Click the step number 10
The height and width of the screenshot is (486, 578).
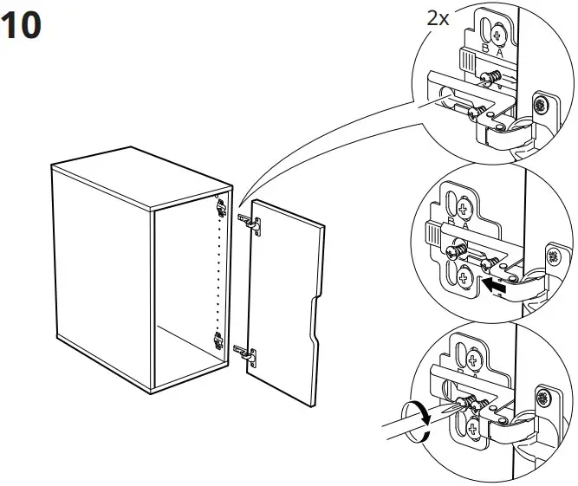pos(23,26)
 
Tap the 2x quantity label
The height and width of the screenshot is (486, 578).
pos(438,18)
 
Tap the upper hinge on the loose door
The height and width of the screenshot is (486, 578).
pos(253,223)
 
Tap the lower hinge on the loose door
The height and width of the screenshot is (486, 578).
pos(248,353)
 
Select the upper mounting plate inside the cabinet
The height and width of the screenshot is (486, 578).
pos(222,206)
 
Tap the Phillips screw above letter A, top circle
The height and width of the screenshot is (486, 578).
pos(499,35)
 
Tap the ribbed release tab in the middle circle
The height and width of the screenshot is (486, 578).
pos(432,232)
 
